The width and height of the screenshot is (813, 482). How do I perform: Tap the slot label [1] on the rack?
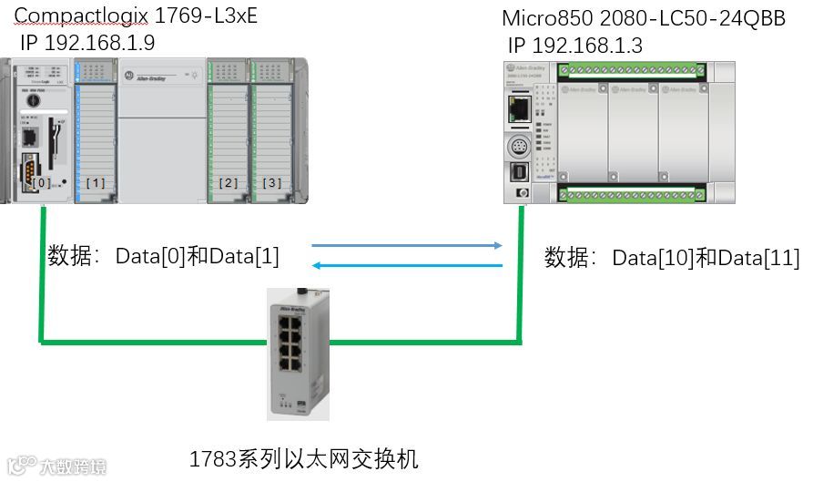(96, 183)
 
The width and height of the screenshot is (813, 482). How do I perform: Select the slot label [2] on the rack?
(229, 183)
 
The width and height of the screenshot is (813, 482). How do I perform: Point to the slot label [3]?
(271, 183)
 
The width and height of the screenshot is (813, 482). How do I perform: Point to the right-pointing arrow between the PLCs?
(406, 245)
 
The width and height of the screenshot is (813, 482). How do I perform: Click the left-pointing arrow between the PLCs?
(406, 265)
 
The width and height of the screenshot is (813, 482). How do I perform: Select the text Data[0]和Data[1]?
(197, 257)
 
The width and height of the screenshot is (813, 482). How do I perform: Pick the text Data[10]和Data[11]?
(706, 258)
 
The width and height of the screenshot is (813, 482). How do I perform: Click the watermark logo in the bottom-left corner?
(55, 466)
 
